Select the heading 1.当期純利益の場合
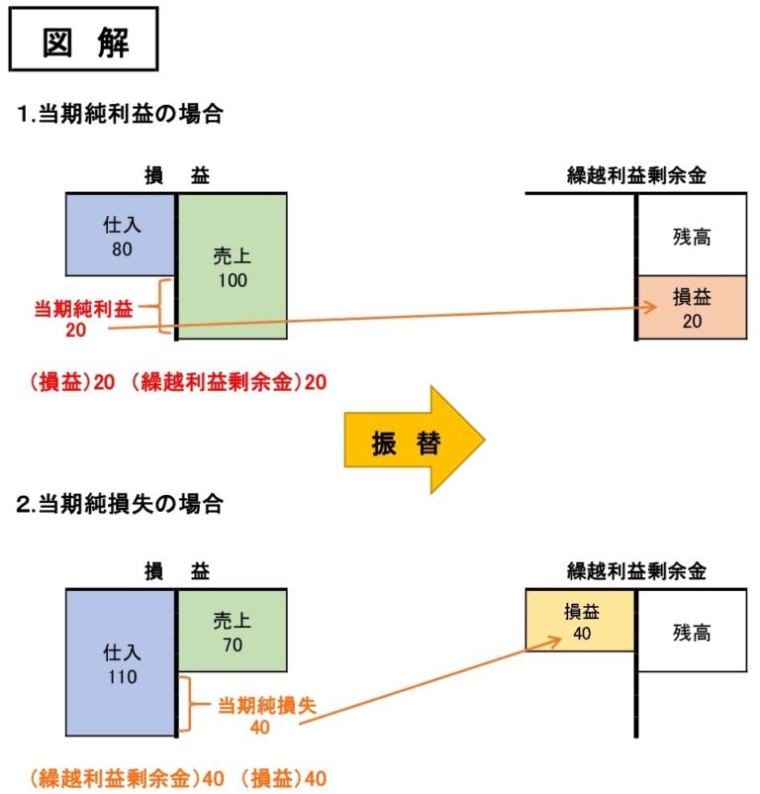pos(120,115)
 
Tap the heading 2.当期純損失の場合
pos(120,504)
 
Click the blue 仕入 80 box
pos(120,236)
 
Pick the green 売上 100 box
pos(232,266)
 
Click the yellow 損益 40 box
pos(581,620)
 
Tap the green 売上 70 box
pos(232,631)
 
